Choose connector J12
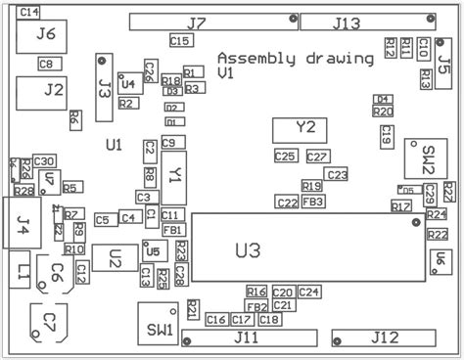click(x=385, y=337)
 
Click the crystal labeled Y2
click(x=306, y=128)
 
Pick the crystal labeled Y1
click(x=174, y=174)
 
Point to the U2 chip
click(x=116, y=258)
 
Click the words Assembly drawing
click(x=295, y=58)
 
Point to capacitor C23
click(x=336, y=174)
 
